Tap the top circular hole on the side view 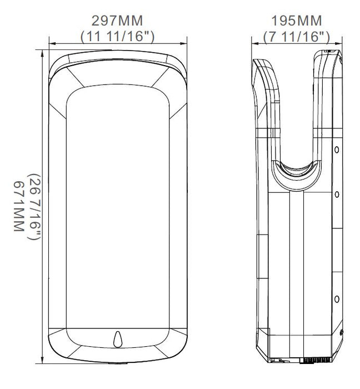pos(337,151)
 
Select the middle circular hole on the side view pos(337,194)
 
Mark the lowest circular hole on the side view pos(337,300)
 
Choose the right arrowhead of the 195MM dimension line pos(341,43)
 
